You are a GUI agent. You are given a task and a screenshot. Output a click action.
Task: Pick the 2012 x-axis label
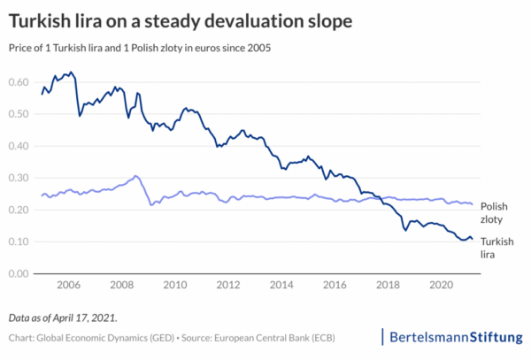tap(228, 286)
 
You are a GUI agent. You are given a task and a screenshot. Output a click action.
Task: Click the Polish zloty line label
tap(504, 211)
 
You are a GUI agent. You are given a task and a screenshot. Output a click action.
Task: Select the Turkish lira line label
tap(505, 247)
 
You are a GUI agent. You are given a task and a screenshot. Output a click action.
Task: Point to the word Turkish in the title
tap(42, 19)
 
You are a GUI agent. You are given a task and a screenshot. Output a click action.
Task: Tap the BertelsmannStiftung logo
tap(456, 336)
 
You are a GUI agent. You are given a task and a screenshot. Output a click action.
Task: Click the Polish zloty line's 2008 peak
tap(135, 176)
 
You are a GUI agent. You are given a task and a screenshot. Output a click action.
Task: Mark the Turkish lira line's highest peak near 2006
tap(72, 72)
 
